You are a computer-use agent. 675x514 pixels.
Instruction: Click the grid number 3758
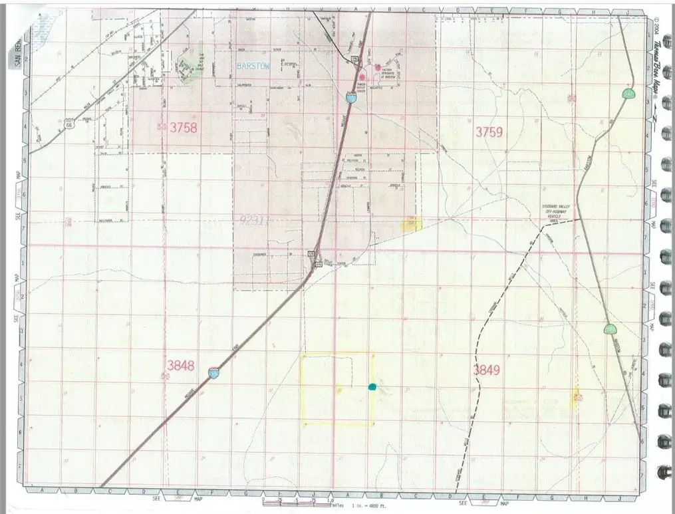click(x=184, y=128)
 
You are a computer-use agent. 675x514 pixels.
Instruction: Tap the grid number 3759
click(x=488, y=132)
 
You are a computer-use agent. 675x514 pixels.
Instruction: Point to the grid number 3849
click(x=487, y=369)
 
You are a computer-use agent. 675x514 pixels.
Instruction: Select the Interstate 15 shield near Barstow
click(x=350, y=98)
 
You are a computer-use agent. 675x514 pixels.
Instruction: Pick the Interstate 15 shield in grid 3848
click(x=213, y=372)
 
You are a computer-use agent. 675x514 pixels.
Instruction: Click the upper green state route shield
click(x=628, y=94)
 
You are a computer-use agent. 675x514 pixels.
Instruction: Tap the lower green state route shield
click(x=609, y=329)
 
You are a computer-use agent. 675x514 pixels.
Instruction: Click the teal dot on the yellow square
click(x=372, y=386)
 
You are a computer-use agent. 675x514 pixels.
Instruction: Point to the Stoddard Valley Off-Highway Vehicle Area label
click(x=556, y=211)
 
